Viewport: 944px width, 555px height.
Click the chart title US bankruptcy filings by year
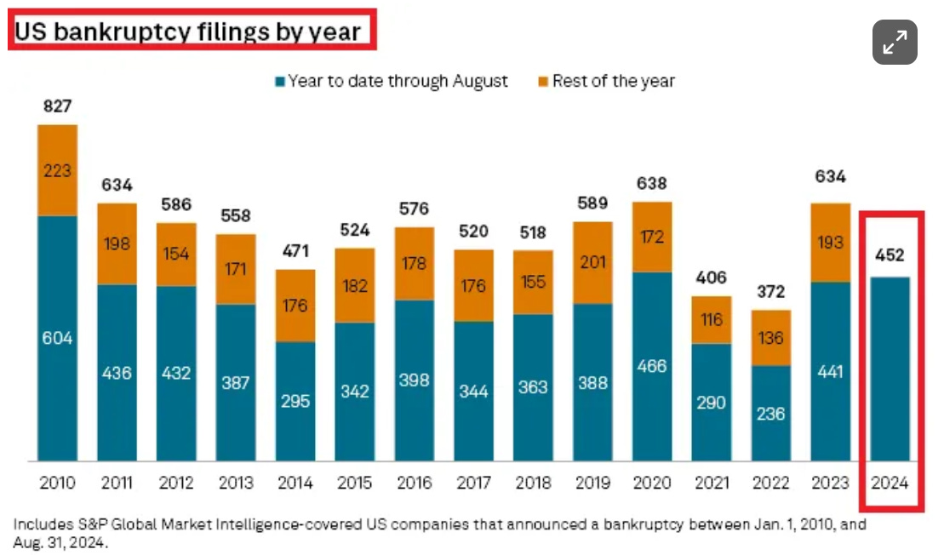[188, 32]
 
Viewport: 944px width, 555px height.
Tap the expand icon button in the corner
[895, 42]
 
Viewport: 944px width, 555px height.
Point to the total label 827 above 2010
[57, 106]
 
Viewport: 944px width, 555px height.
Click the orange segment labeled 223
[57, 170]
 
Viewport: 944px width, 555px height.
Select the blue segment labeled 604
[57, 338]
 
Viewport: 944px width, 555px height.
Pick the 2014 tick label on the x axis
[295, 483]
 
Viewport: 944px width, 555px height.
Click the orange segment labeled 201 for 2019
[592, 262]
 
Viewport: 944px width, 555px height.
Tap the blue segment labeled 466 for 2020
[652, 366]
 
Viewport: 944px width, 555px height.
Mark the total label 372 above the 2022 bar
[770, 292]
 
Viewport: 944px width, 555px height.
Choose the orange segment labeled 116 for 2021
[712, 320]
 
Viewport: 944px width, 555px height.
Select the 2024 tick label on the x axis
[890, 483]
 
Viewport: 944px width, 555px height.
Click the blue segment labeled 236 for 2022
[770, 414]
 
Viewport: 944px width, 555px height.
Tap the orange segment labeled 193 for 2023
[830, 243]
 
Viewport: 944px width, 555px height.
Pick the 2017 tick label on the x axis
[473, 483]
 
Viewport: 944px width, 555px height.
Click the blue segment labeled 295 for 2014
[295, 401]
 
